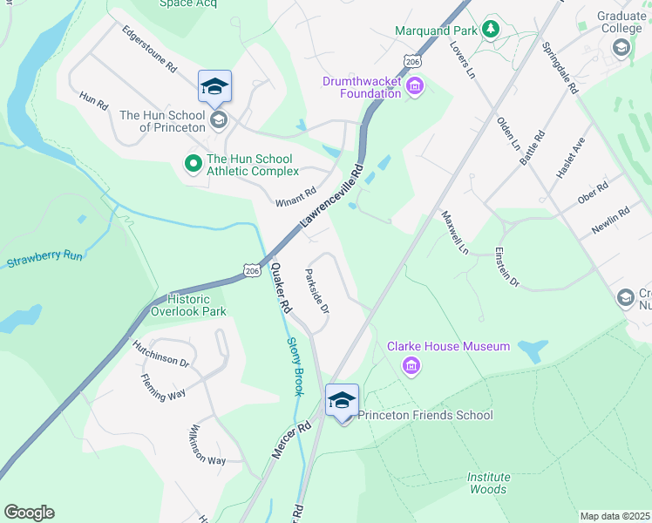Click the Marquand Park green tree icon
[x=492, y=31]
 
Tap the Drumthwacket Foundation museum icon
[x=415, y=86]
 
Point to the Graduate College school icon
[x=621, y=48]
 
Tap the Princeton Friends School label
[x=425, y=416]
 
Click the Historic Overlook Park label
[x=188, y=305]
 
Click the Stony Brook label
[x=295, y=367]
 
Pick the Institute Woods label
[x=487, y=483]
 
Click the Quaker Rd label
[x=281, y=289]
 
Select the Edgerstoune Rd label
[x=149, y=53]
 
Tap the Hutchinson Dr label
[x=160, y=354]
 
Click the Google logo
[x=29, y=513]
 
